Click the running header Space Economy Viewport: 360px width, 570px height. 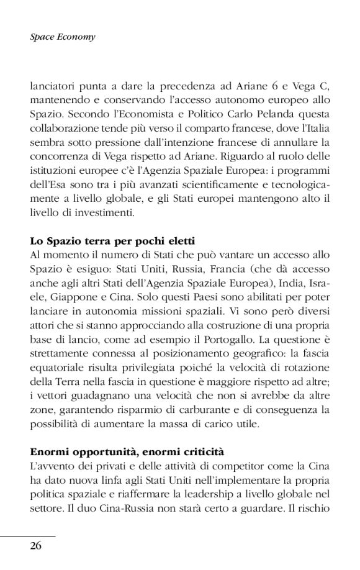pos(63,37)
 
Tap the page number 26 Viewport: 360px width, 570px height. pos(37,546)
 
